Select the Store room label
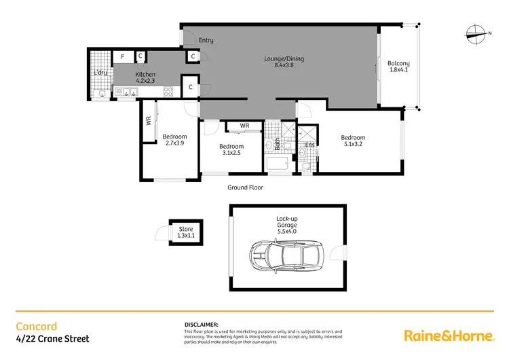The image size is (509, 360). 185,234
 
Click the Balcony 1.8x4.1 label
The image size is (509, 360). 398,68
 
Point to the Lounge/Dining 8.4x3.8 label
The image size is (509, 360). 284,62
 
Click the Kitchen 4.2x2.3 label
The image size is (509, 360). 145,78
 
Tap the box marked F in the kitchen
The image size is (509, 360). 123,57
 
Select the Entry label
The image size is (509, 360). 206,41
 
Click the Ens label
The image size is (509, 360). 309,145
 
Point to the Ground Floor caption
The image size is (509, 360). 245,187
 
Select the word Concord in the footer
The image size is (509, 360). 37,326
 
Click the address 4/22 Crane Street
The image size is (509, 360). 52,338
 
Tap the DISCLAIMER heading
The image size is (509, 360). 201,325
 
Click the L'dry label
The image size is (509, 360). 101,73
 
